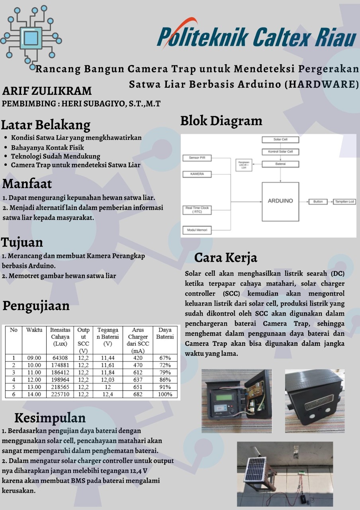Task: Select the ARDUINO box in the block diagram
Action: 280,201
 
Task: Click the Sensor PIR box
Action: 197,158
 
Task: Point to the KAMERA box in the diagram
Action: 197,174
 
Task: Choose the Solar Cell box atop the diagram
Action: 280,140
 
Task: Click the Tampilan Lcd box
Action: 344,202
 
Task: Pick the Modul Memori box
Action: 197,230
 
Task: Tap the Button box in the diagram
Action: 318,202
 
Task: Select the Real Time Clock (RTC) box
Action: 197,210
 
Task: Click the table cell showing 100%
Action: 165,394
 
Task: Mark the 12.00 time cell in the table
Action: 34,380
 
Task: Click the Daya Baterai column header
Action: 165,333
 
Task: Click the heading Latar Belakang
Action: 46,125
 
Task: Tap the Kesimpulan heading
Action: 50,418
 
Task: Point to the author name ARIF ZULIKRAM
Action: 47,91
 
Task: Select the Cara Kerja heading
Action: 225,258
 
